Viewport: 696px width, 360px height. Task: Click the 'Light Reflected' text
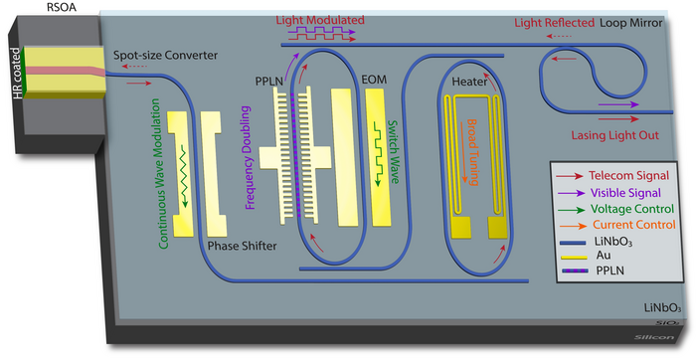(553, 22)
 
